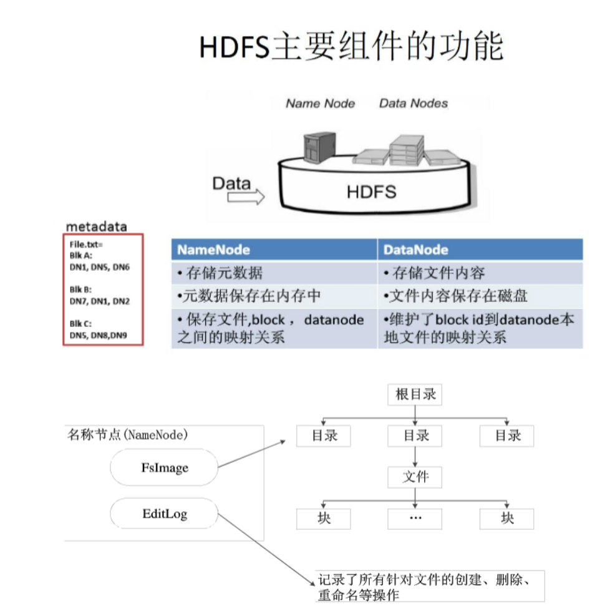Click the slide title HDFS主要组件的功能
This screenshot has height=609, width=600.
point(351,47)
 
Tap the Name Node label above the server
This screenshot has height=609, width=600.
point(320,104)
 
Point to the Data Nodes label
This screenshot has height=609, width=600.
point(414,103)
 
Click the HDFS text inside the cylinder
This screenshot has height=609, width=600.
point(371,192)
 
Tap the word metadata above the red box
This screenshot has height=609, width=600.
point(96,227)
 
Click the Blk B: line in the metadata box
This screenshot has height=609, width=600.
point(81,290)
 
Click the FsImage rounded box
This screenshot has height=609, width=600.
point(164,467)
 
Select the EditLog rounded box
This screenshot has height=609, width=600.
point(164,515)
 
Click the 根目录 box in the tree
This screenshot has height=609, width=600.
point(415,395)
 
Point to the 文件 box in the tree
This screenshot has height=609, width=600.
point(415,477)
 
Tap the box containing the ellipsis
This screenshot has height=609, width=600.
point(415,519)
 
